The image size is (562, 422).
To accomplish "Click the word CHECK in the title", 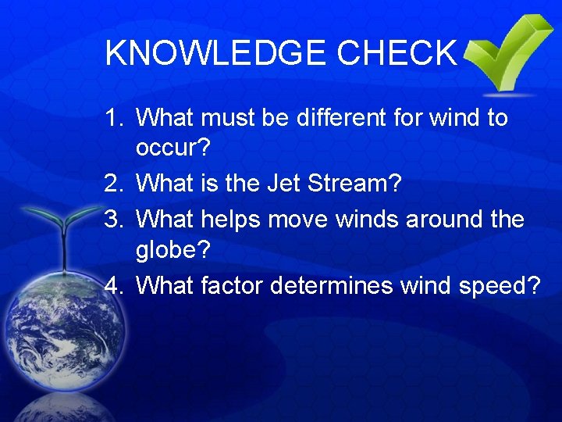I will [x=397, y=53].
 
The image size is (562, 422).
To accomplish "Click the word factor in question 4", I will [x=232, y=287].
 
